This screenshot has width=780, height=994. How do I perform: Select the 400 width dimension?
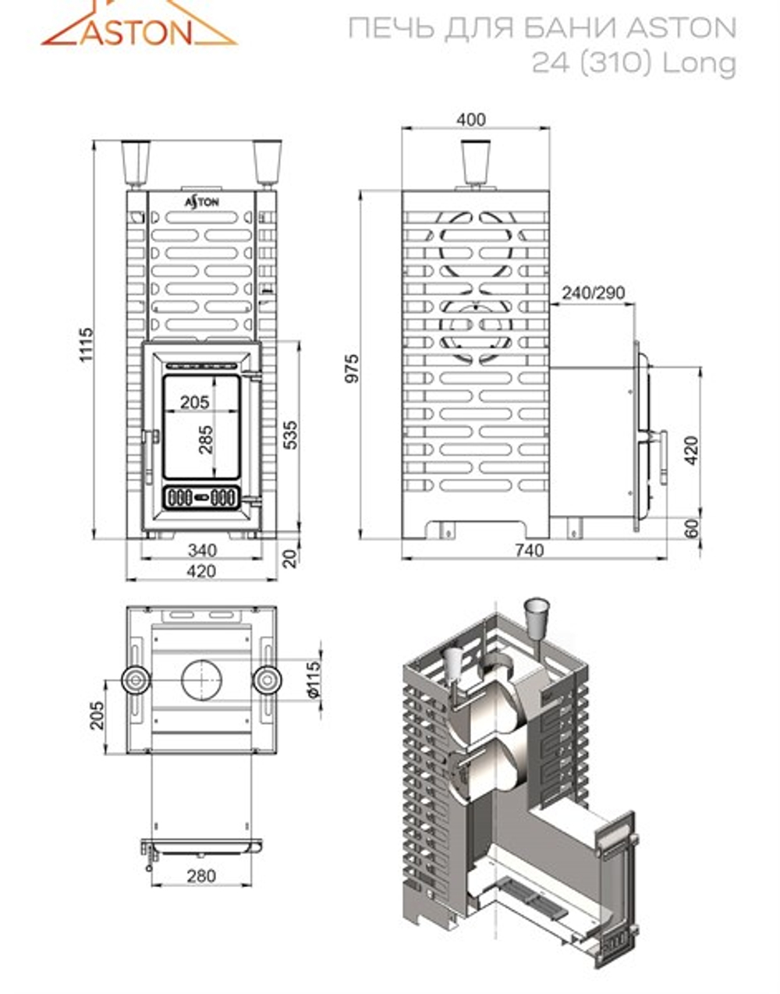pyautogui.click(x=470, y=119)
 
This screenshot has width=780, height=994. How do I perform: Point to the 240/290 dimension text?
pyautogui.click(x=593, y=293)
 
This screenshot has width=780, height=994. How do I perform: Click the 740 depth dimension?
pyautogui.click(x=529, y=551)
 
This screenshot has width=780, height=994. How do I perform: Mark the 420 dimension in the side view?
pyautogui.click(x=691, y=450)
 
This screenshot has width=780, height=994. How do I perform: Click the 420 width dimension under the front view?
pyautogui.click(x=201, y=571)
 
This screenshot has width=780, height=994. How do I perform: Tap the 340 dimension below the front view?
pyautogui.click(x=202, y=550)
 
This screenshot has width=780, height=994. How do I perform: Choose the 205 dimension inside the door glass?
pyautogui.click(x=194, y=402)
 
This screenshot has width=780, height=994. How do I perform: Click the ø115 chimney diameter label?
pyautogui.click(x=313, y=679)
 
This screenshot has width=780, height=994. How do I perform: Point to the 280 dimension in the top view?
pyautogui.click(x=200, y=875)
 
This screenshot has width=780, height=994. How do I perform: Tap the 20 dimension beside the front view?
pyautogui.click(x=290, y=558)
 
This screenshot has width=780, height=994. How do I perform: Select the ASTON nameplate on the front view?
pyautogui.click(x=201, y=201)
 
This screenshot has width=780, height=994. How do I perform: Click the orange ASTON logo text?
pyautogui.click(x=136, y=32)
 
